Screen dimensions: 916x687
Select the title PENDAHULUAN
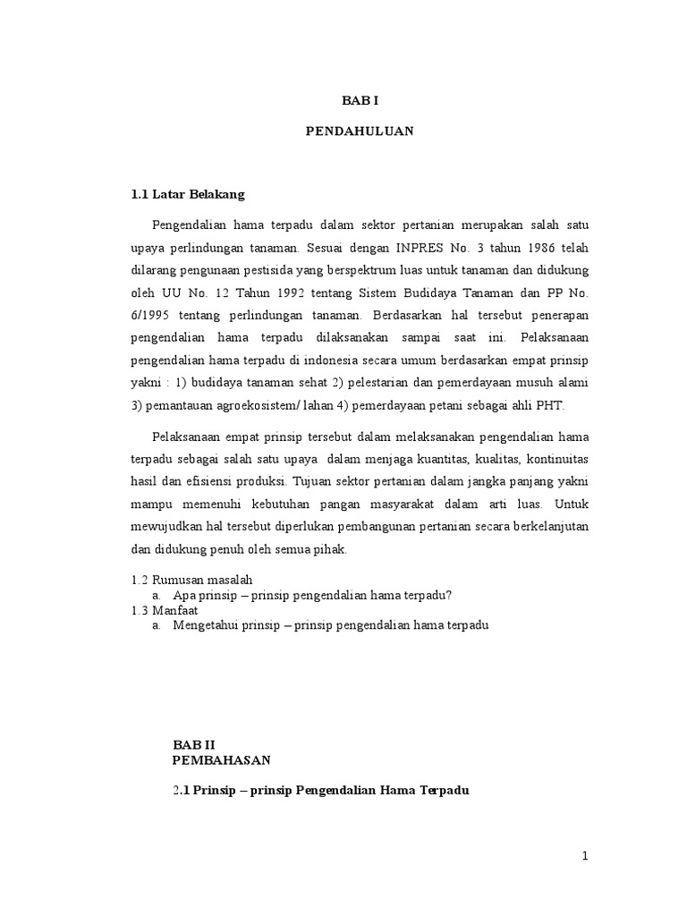(359, 131)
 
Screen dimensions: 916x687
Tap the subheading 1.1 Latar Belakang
(188, 193)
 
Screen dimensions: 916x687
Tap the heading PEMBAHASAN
(220, 759)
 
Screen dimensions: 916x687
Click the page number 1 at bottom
(585, 857)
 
